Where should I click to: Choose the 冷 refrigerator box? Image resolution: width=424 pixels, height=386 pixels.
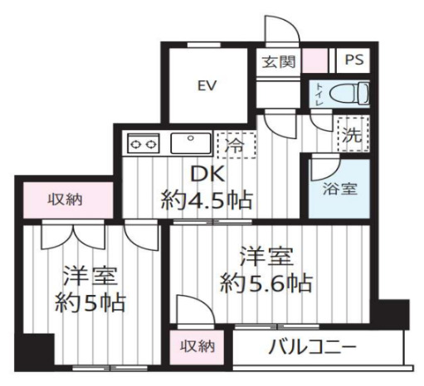tap(233, 144)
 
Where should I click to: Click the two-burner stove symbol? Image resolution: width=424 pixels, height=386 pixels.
tap(144, 144)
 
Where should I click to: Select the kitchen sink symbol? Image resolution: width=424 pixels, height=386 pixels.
tap(189, 142)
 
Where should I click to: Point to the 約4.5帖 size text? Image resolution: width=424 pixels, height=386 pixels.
tap(207, 200)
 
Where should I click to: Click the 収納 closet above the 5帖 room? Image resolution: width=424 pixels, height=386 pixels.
tap(62, 200)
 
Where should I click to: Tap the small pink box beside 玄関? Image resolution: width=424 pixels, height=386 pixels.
tap(313, 62)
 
